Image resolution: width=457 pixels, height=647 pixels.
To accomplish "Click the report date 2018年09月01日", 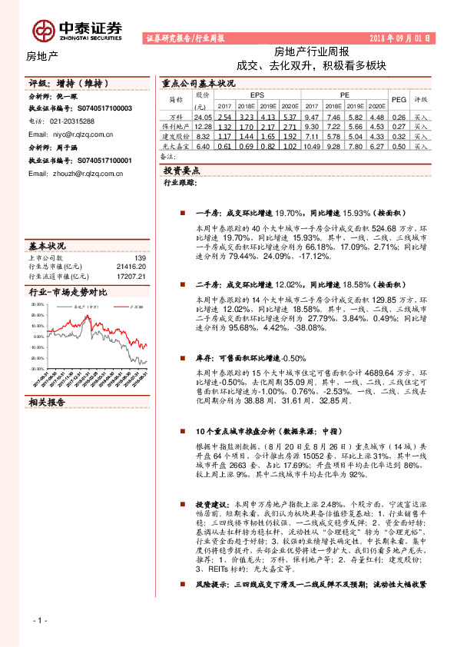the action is (401, 38).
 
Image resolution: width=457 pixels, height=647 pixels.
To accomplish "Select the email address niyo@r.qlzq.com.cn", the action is (71, 133).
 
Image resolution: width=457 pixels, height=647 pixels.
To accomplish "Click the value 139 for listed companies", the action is (140, 258).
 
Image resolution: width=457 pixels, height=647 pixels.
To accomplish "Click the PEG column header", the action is (399, 100).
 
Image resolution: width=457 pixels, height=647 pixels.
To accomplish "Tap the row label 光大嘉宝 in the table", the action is (174, 146).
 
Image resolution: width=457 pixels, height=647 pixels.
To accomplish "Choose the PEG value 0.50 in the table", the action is (399, 146).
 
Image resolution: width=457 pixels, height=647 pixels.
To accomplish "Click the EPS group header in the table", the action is (257, 95).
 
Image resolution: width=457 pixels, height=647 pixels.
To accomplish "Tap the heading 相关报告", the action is (48, 401).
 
